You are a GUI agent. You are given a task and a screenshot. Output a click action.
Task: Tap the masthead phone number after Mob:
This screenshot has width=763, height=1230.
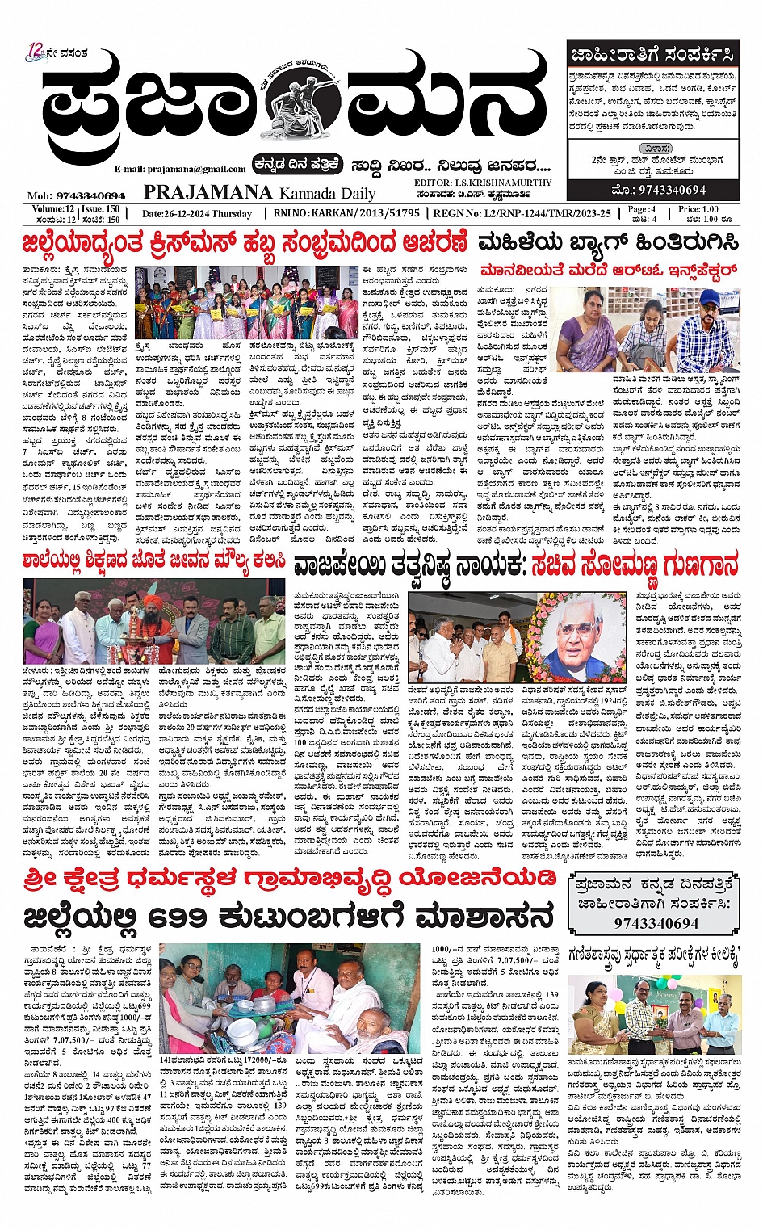(90, 196)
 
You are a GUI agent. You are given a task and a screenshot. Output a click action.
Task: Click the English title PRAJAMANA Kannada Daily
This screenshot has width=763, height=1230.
(259, 192)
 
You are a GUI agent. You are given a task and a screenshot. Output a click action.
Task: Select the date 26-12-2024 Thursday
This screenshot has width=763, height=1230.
(197, 214)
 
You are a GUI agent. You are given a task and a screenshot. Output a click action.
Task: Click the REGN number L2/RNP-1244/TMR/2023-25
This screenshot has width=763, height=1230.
(532, 213)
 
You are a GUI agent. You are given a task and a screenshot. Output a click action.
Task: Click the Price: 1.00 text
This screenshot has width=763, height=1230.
(698, 209)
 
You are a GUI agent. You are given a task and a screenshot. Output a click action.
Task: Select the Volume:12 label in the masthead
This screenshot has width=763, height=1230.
(48, 209)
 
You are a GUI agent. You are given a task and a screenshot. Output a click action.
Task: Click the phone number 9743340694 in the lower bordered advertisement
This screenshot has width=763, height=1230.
(656, 923)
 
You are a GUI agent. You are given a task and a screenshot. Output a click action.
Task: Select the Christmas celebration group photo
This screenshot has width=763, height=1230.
(245, 303)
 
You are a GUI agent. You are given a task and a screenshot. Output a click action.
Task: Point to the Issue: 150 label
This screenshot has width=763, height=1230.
(101, 209)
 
